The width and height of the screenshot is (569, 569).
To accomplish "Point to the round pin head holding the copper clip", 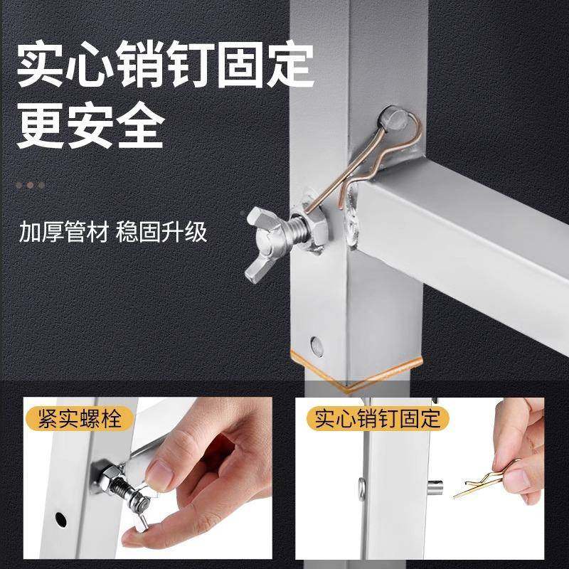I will click(x=393, y=117).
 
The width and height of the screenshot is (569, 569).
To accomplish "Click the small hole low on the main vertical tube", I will click(x=317, y=347).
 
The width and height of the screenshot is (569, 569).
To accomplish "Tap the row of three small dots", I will click(x=31, y=185).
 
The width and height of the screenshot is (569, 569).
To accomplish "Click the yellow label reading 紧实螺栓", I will click(x=80, y=418).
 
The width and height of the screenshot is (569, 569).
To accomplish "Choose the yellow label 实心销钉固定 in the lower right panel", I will click(x=377, y=418).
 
